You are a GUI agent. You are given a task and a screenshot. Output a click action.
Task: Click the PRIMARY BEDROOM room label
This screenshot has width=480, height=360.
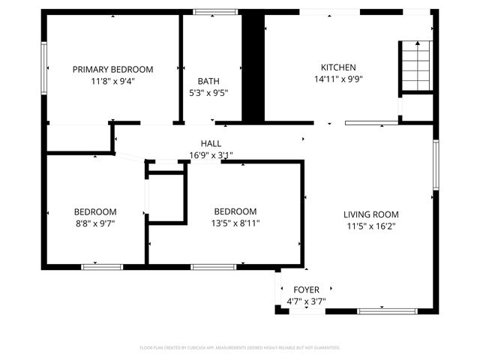pos(112,69)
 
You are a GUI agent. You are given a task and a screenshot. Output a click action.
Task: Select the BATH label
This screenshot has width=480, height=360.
pos(208,81)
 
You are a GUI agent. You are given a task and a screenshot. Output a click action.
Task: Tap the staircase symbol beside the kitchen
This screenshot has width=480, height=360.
pos(415,65)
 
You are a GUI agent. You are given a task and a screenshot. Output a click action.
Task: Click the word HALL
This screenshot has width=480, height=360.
pos(211,143)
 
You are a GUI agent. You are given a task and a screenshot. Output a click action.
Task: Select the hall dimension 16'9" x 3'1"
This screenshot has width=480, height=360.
pos(211,156)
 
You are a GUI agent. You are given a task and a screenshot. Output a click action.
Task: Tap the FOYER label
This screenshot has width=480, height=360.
pos(306,289)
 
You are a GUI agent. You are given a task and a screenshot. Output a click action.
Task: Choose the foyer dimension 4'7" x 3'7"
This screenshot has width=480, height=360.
pos(306,301)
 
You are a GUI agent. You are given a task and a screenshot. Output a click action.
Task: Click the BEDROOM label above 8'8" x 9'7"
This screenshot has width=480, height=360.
pos(95,211)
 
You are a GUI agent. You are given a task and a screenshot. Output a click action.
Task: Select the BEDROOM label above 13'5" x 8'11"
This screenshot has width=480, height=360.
pos(235,211)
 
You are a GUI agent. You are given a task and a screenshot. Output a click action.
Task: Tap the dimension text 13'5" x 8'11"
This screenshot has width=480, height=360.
pos(235,223)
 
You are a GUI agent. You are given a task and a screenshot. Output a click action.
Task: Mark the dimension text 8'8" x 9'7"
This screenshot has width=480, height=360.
pos(95,223)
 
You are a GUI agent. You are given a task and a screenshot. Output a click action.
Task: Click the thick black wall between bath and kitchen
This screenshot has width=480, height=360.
pos(253,67)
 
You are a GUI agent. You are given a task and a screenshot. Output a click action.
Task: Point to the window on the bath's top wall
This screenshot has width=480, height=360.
pos(211,12)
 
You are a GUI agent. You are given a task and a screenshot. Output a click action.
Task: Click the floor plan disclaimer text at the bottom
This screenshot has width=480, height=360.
pos(240,348)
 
